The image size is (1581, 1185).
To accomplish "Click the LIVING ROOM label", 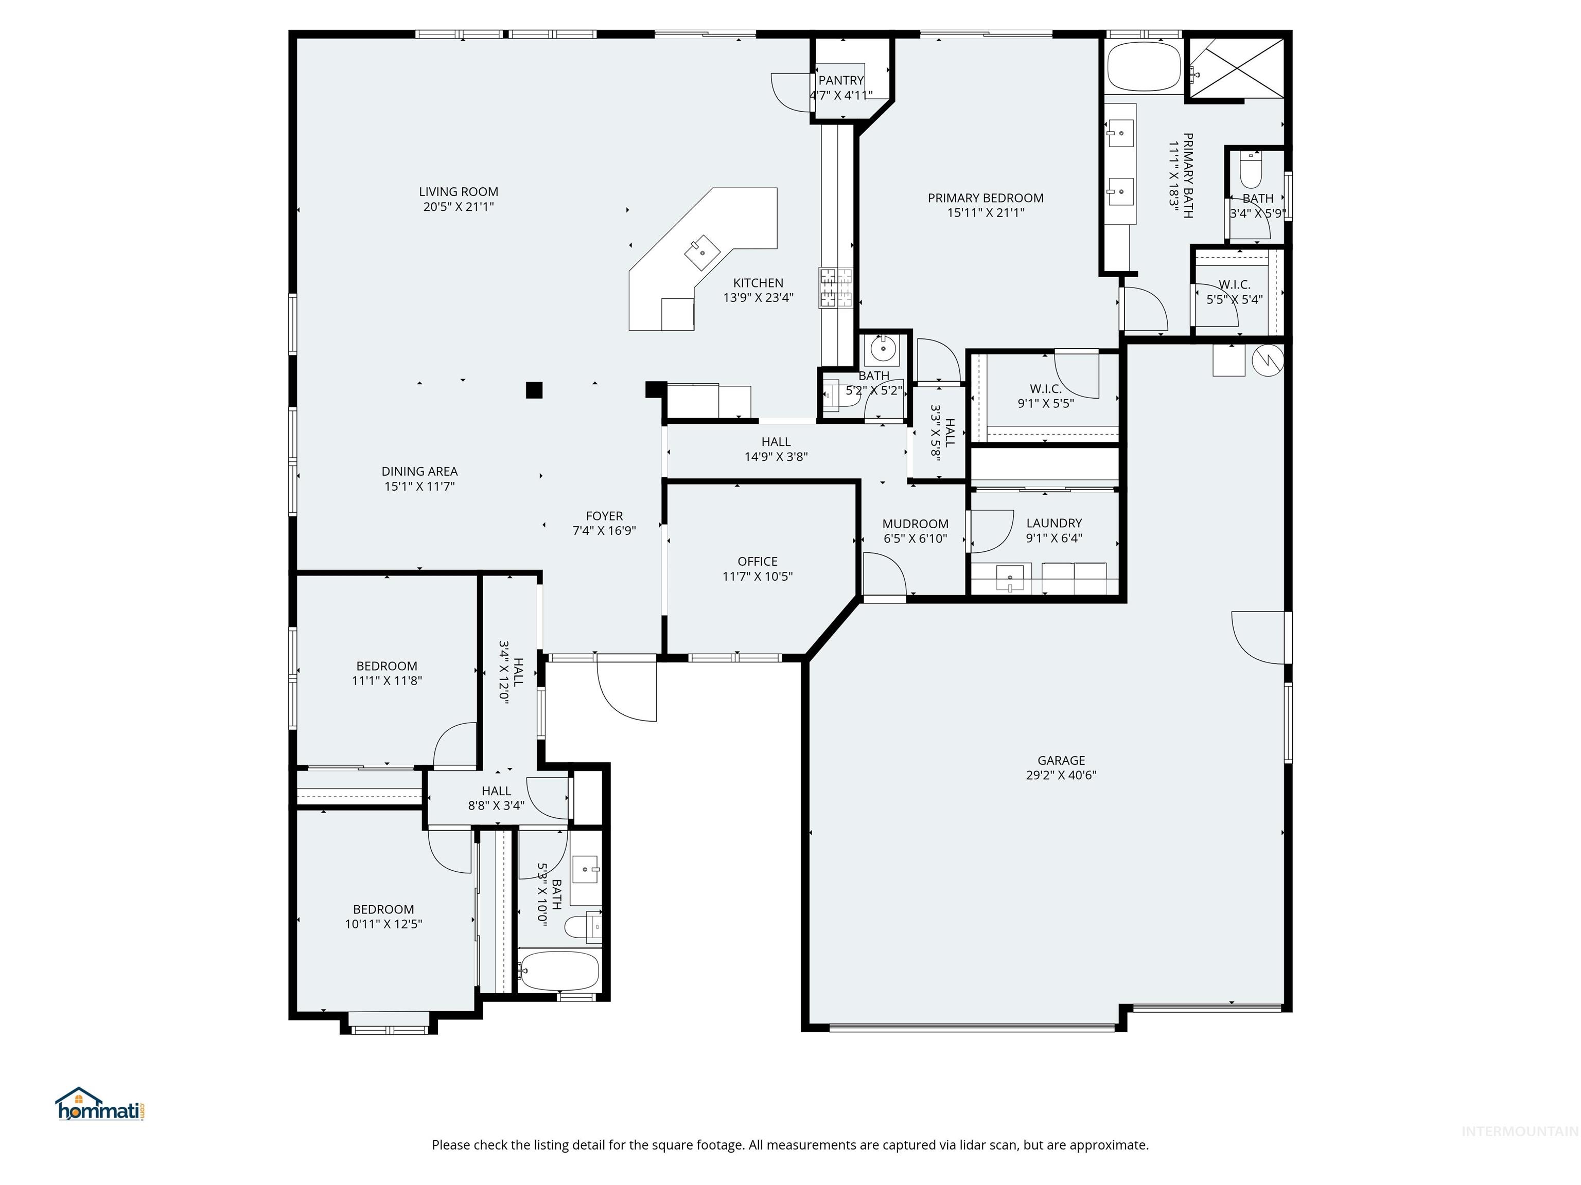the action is tap(458, 191).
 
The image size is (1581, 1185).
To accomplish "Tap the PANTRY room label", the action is tap(841, 80).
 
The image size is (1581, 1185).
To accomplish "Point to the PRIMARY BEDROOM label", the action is tap(986, 198).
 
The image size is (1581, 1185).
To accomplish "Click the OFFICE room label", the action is tap(758, 562).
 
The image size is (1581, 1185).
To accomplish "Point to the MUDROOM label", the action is tap(916, 524).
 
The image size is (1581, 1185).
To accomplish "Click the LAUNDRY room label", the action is tap(1054, 523).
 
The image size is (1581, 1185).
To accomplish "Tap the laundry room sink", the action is tap(1009, 577).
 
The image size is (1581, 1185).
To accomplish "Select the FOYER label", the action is tap(605, 516).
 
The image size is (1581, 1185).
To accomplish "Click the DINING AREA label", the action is tap(419, 472).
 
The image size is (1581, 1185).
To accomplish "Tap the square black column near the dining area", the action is tap(534, 390).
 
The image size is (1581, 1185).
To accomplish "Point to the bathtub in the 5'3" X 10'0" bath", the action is tap(559, 970).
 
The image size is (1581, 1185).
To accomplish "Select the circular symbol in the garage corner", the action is tap(1269, 361).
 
